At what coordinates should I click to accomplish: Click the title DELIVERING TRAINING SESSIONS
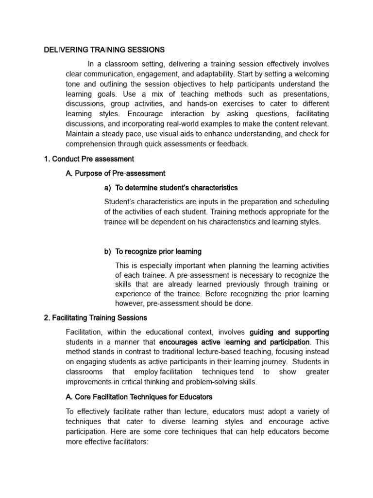[x=104, y=50]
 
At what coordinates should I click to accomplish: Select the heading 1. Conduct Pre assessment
[x=89, y=159]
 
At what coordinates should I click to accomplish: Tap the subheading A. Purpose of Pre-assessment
[x=116, y=173]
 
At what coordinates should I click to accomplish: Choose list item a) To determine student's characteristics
[x=171, y=188]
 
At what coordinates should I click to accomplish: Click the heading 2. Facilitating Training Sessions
[x=95, y=318]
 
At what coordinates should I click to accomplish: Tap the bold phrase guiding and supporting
[x=289, y=332]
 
